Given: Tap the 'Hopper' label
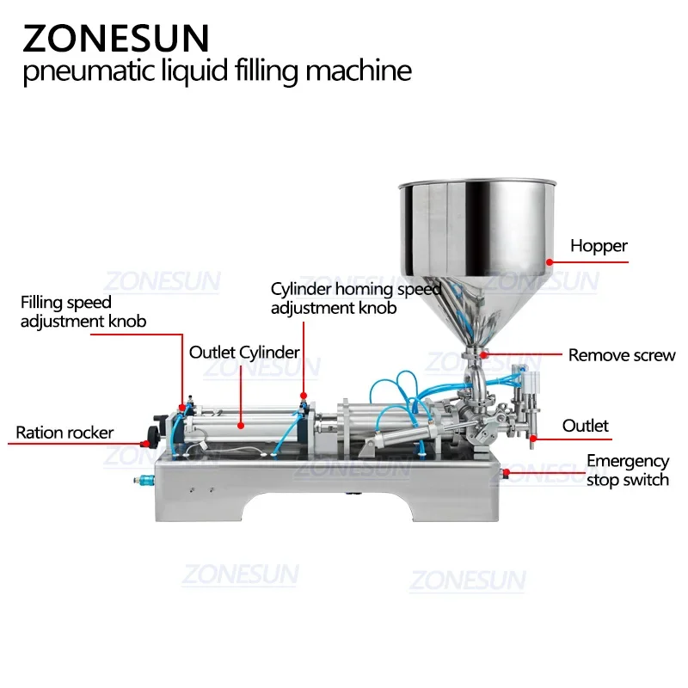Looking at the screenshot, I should [599, 246].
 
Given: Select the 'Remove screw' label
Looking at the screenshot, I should [622, 355].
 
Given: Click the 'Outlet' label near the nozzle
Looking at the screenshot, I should [586, 426].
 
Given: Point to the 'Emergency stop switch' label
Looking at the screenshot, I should [627, 470].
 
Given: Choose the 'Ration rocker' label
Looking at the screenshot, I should [64, 433].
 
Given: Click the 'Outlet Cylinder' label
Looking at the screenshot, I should [244, 352].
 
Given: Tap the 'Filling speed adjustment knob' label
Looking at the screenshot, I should [83, 312].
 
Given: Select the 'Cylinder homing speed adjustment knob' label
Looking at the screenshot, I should [355, 298].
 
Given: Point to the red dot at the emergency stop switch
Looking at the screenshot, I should [506, 471].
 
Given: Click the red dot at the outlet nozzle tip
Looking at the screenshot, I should [532, 439].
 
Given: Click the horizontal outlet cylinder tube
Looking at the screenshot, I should [241, 425].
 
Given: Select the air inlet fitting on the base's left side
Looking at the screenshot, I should [138, 478].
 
